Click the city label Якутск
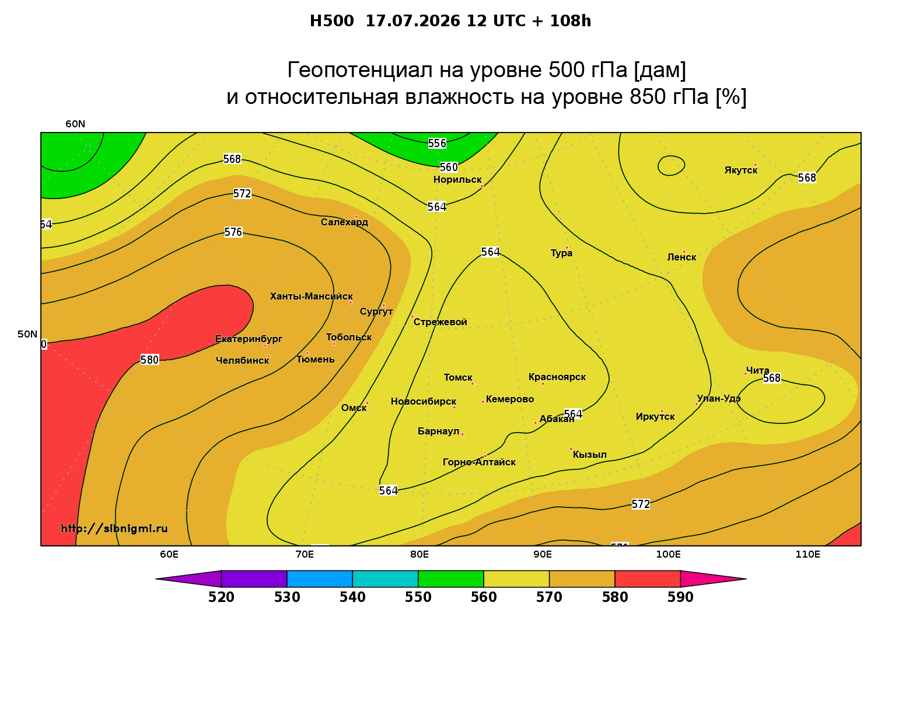(740, 170)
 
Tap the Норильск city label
(457, 180)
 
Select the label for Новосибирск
(424, 402)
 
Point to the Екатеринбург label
(248, 339)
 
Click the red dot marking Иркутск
(662, 411)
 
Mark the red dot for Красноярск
(543, 384)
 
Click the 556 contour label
(436, 143)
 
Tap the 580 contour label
(149, 360)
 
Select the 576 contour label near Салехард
(233, 232)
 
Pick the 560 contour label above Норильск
(449, 168)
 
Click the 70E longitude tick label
(305, 555)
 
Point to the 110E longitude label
(807, 555)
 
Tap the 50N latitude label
(27, 334)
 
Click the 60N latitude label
(75, 124)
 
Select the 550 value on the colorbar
(418, 597)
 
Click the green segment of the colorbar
(451, 579)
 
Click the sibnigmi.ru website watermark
(114, 528)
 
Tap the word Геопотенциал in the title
(360, 70)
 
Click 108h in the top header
(571, 21)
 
